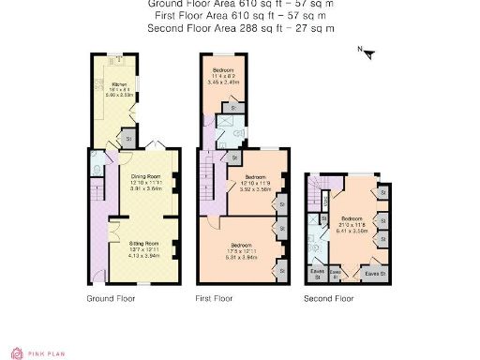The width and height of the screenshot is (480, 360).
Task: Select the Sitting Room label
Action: point(142,247)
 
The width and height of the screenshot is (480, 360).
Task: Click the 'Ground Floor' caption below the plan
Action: point(111,299)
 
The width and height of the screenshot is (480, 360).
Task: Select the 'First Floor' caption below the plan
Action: point(214,299)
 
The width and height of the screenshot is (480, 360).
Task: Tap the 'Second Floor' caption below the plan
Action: point(328,299)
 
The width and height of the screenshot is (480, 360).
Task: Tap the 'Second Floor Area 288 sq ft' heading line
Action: point(241,29)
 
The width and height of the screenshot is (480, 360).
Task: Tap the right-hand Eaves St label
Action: point(373,273)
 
